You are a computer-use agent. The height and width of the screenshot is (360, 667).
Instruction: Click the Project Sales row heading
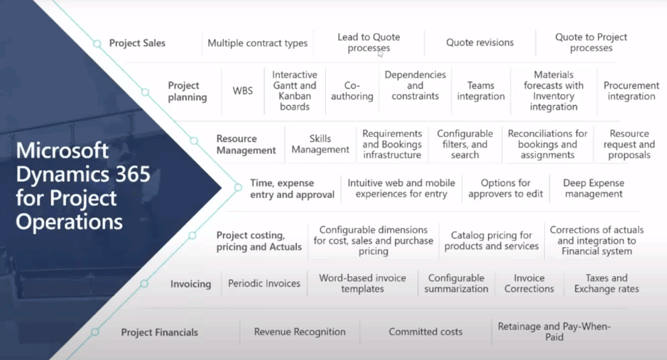(x=137, y=43)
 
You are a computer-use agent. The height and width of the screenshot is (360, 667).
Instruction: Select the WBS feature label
(x=242, y=91)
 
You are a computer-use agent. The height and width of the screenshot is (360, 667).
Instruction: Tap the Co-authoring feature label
(x=352, y=91)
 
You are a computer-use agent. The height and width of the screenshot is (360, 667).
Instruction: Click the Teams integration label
(x=481, y=91)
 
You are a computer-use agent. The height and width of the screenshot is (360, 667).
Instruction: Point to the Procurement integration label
(x=631, y=91)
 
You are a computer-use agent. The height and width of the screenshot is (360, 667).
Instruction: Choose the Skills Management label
(x=320, y=144)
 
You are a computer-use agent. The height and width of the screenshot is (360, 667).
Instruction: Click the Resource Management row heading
(x=246, y=144)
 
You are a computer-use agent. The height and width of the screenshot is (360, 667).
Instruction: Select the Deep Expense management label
(x=593, y=188)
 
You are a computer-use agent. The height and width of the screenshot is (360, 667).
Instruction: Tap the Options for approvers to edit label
(x=506, y=188)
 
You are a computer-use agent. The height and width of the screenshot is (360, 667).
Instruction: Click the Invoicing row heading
(x=190, y=284)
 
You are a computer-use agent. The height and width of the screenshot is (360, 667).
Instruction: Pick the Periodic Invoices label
(x=264, y=283)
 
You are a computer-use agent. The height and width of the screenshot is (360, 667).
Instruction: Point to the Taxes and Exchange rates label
(x=606, y=283)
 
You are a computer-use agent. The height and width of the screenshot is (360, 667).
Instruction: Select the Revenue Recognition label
(x=300, y=332)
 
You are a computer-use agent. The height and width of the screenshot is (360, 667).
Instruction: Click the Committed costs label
(x=425, y=332)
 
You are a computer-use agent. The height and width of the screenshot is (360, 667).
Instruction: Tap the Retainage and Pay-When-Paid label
(x=554, y=332)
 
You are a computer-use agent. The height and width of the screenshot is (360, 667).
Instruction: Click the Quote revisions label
(x=479, y=43)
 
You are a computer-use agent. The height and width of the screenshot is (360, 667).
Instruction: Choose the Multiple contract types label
(x=257, y=43)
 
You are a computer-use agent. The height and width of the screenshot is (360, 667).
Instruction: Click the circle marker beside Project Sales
(x=97, y=44)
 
